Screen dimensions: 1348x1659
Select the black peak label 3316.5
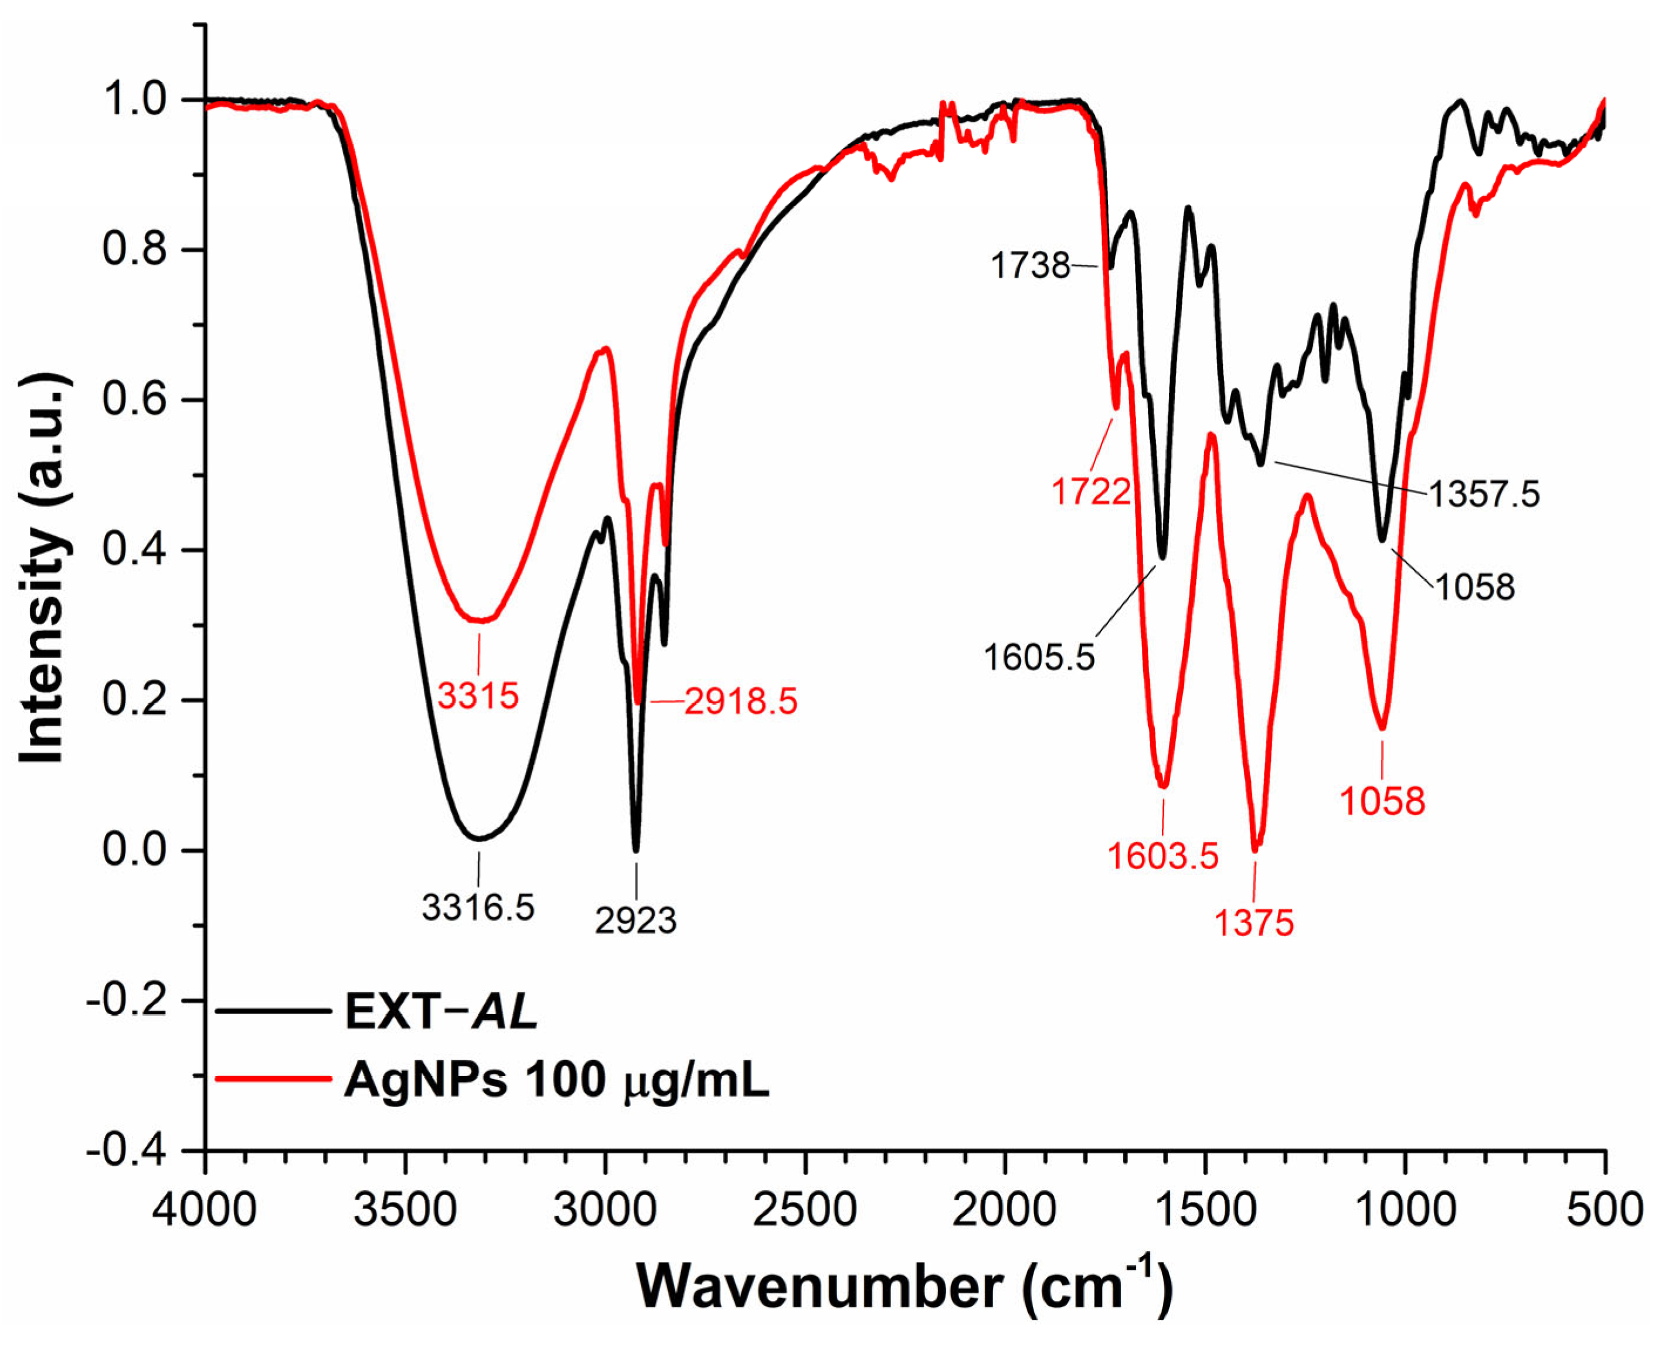tap(478, 907)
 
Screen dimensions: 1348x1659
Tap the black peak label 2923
tap(635, 921)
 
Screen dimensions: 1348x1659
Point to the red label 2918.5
tap(740, 701)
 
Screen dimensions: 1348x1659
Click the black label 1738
tap(1030, 266)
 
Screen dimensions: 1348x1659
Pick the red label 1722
tap(1090, 492)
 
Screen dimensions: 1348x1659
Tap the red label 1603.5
tap(1162, 856)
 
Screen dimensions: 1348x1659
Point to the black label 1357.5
tap(1484, 495)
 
